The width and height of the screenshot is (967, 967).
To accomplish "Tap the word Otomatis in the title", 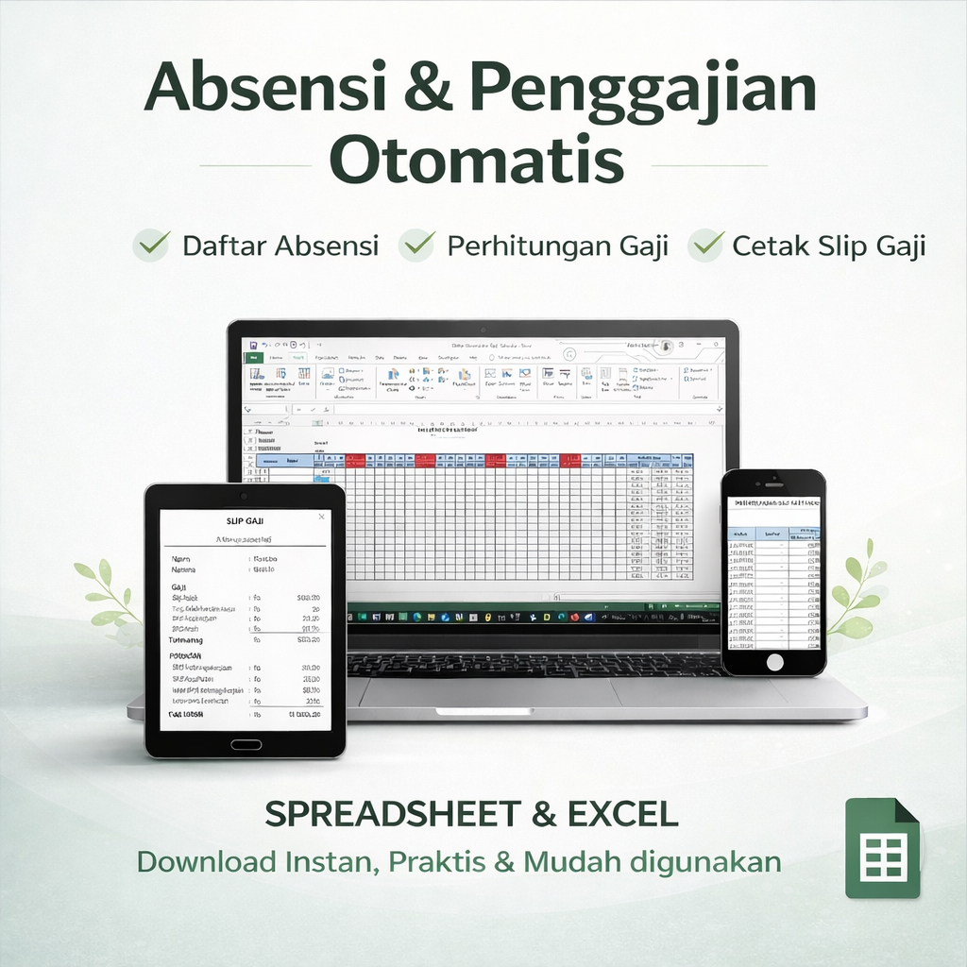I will [476, 162].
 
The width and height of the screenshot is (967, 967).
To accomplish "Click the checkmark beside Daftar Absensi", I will [151, 246].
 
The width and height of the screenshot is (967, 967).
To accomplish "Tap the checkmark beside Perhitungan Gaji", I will [416, 246].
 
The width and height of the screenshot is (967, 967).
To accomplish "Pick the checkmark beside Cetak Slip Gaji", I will [705, 246].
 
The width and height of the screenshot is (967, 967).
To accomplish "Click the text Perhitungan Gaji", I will [557, 246].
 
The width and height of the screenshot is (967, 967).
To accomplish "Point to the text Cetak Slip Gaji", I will [828, 246].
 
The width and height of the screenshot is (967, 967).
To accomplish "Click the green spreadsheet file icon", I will [881, 848].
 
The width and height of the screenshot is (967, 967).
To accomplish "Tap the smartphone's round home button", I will [774, 662].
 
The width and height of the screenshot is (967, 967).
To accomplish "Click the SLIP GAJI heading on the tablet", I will [245, 520].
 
